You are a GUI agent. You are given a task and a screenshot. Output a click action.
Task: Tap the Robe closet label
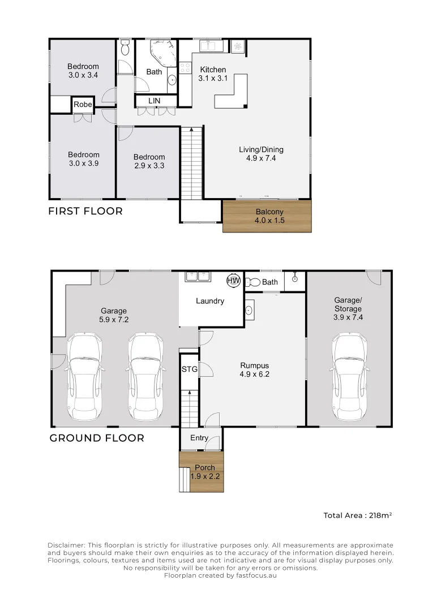[83, 105]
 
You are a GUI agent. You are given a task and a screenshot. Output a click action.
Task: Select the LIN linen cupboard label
[154, 101]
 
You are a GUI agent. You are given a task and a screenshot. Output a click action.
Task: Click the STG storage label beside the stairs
[189, 369]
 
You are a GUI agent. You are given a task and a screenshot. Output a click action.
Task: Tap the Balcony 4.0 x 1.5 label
[267, 216]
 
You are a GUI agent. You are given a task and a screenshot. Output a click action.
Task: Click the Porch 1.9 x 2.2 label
[204, 472]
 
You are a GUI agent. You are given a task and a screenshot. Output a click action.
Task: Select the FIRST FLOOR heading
[85, 211]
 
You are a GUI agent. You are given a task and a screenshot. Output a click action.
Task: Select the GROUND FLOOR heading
[97, 438]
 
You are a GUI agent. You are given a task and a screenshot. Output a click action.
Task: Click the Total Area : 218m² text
[358, 515]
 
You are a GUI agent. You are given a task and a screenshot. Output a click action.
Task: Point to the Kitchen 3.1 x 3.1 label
[213, 74]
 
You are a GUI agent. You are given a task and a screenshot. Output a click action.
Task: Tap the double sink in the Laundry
[197, 277]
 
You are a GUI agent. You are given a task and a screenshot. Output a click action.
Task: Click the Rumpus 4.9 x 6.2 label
[254, 369]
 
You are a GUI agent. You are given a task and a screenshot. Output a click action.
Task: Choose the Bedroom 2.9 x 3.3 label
[149, 161]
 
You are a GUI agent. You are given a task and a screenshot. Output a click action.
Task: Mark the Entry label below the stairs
[199, 438]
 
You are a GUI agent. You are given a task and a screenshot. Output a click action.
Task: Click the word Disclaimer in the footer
[66, 544]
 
